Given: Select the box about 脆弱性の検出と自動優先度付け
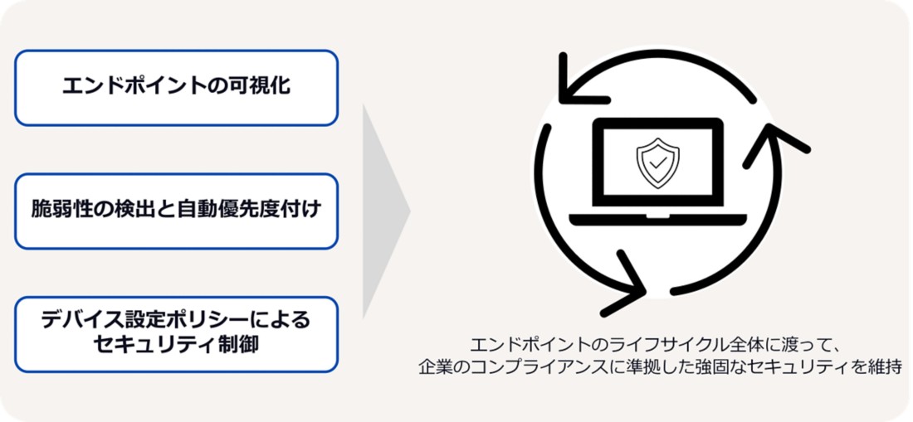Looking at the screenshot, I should click(176, 211).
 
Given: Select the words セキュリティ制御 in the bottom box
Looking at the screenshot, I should click(175, 345).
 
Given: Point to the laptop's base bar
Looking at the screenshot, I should click(657, 219).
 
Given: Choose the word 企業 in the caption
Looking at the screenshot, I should click(433, 366).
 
